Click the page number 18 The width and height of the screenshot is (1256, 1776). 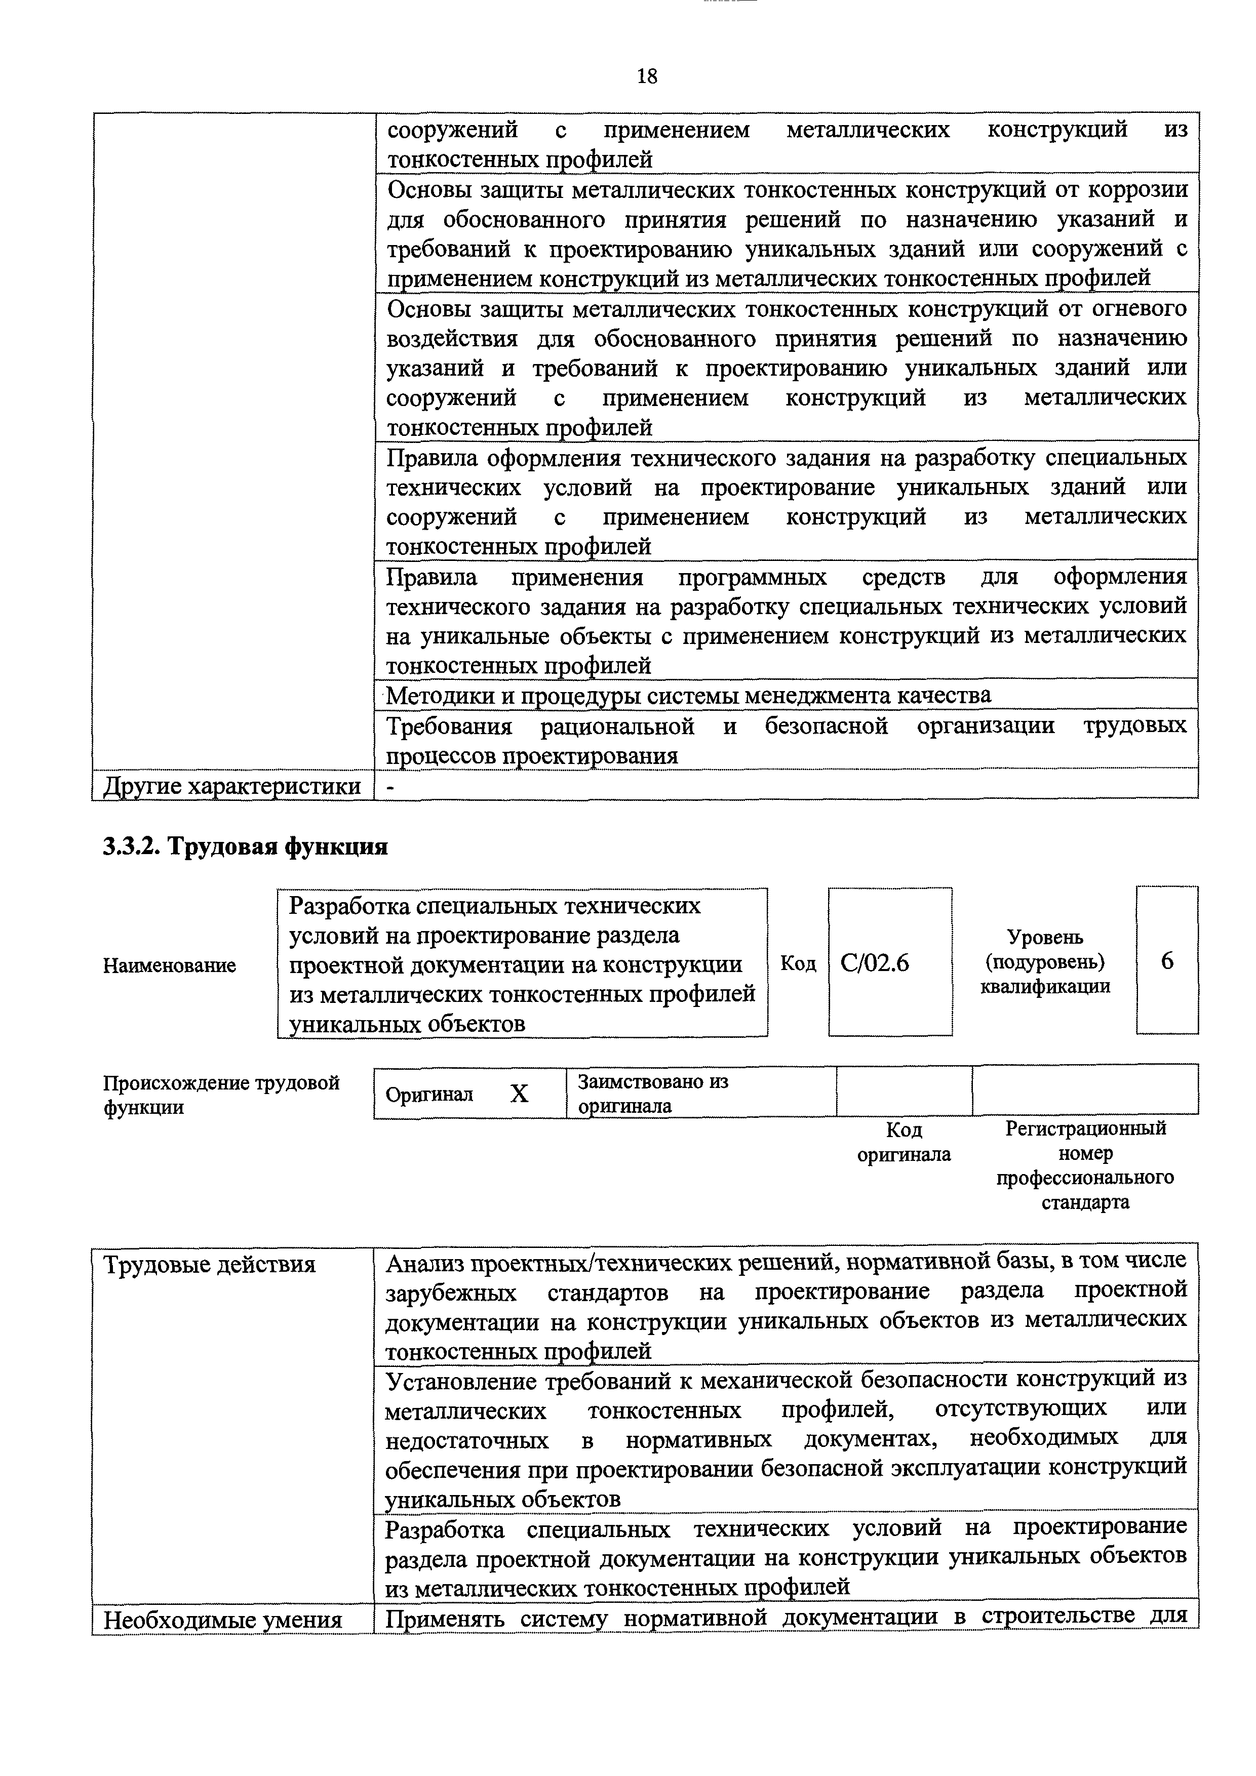(646, 76)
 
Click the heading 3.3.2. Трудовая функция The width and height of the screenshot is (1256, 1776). (245, 847)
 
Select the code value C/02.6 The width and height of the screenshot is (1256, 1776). (875, 963)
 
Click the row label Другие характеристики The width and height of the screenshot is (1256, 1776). (232, 786)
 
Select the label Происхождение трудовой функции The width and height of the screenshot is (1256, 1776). (220, 1094)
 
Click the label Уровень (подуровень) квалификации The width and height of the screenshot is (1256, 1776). (1045, 961)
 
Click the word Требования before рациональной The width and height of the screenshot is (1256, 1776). (449, 726)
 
